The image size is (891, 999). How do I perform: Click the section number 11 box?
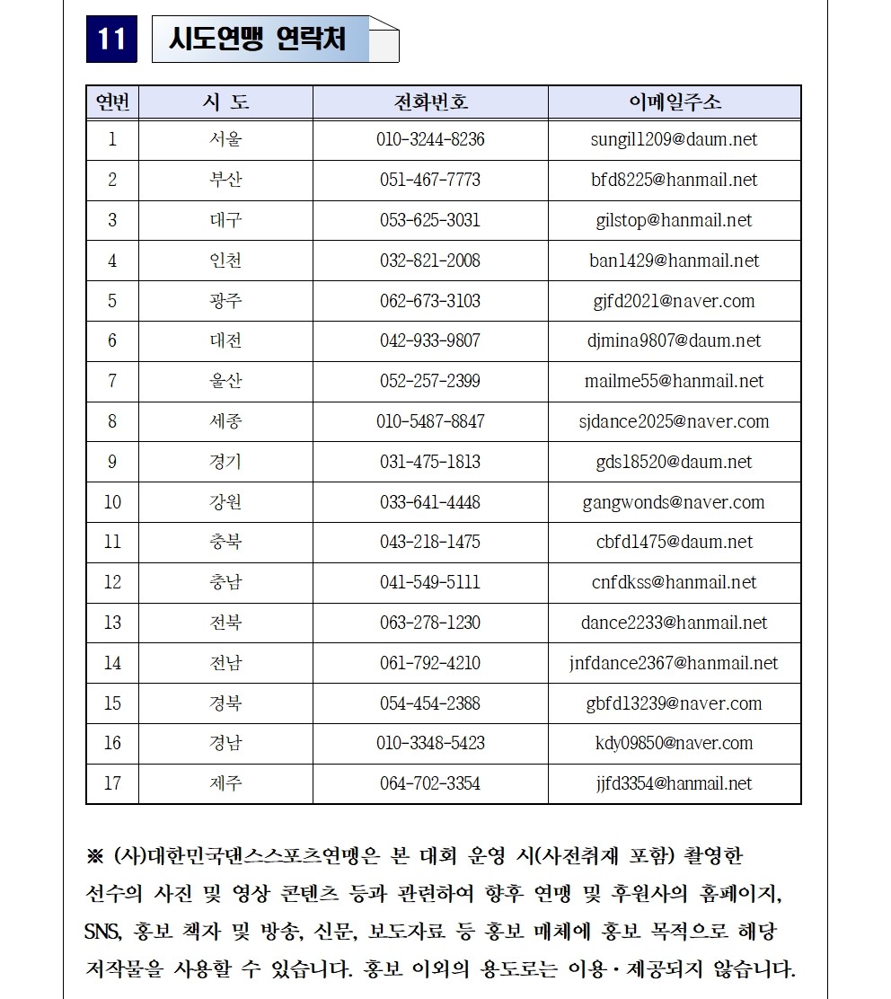click(x=111, y=40)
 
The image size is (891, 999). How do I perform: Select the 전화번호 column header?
click(x=430, y=102)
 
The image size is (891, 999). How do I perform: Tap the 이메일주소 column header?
click(x=674, y=102)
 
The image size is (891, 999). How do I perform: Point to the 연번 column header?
click(x=112, y=102)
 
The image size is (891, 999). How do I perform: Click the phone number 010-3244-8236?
click(x=430, y=139)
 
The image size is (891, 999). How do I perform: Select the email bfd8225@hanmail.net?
click(x=674, y=180)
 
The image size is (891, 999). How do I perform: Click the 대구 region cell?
click(x=225, y=220)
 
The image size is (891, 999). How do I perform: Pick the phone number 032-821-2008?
click(x=430, y=261)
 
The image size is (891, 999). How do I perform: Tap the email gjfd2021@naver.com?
click(x=674, y=301)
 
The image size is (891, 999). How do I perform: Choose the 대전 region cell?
click(x=225, y=340)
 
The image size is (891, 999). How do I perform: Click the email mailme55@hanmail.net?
click(x=674, y=381)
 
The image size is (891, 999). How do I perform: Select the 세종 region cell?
click(x=225, y=421)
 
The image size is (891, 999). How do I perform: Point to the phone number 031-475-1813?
click(x=430, y=462)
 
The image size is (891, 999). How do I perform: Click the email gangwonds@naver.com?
click(x=674, y=502)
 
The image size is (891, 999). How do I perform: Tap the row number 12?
click(x=112, y=582)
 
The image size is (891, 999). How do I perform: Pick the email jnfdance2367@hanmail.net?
click(x=674, y=663)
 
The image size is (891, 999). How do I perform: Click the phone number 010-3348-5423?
click(x=430, y=743)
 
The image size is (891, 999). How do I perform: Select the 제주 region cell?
click(x=225, y=783)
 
